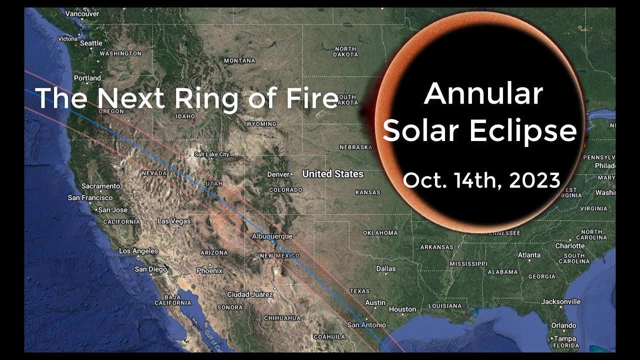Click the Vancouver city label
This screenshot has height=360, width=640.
[82, 14]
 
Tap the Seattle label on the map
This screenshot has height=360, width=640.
[91, 43]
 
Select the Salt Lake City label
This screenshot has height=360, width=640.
[211, 154]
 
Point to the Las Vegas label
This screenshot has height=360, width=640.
[174, 221]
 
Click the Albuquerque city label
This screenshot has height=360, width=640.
[272, 236]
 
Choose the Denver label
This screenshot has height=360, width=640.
[278, 174]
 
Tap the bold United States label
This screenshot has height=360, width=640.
[332, 174]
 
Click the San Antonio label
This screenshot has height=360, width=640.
[367, 325]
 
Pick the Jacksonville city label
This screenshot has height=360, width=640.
[561, 301]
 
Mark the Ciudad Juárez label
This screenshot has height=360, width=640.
[250, 294]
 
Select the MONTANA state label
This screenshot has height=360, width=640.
[239, 60]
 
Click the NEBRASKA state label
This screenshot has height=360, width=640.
[355, 147]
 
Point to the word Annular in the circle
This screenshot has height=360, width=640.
[483, 93]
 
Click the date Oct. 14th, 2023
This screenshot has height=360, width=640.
[481, 180]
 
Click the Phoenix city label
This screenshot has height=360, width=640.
[209, 270]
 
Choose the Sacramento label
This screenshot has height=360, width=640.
[100, 186]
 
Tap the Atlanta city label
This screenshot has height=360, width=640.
[529, 255]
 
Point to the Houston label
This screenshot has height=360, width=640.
[402, 309]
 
